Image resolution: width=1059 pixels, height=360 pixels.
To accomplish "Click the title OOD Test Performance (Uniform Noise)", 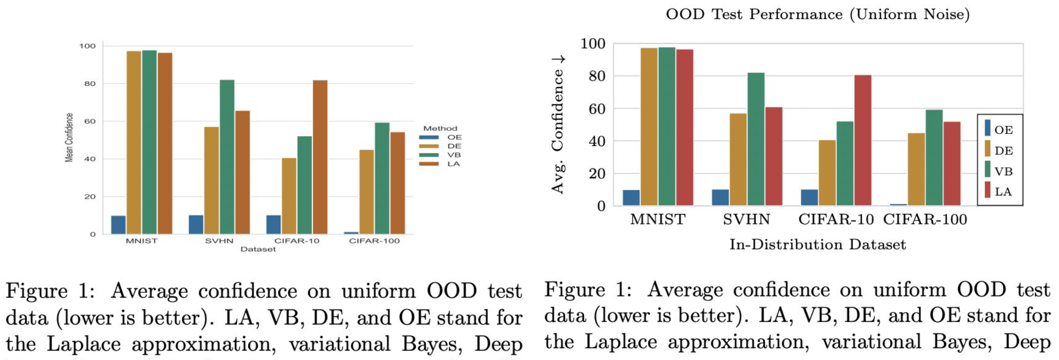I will coord(818,15).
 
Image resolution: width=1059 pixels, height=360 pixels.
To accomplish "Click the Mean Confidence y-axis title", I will coord(69,138).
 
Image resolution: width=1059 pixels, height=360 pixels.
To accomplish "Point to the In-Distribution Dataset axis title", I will coord(818,245).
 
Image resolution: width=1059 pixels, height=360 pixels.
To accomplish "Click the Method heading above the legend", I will coord(440,129).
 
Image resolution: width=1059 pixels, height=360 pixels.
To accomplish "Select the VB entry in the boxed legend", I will coord(1003,172).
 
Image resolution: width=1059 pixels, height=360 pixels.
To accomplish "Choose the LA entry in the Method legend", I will coord(453,164).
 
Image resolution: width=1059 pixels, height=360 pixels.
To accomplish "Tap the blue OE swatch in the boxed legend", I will coord(987,128).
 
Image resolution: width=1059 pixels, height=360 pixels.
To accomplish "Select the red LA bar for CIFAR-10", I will coord(863,140).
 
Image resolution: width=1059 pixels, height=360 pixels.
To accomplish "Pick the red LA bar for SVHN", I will coord(774,156).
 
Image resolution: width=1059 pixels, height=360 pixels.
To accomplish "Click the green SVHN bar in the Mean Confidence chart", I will coord(227,157).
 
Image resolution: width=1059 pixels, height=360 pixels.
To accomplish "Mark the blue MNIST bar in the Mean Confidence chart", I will coord(118,225).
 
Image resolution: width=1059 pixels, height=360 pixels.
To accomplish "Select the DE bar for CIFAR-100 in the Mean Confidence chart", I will coord(367,192).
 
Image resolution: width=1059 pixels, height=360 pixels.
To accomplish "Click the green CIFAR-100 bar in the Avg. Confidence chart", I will coord(934,158).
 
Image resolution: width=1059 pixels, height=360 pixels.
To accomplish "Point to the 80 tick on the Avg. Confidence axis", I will coord(593,76).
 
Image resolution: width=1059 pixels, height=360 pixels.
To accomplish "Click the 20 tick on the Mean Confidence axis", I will coord(90,197).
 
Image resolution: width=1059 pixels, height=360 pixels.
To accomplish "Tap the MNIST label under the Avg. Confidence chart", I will coord(658,219).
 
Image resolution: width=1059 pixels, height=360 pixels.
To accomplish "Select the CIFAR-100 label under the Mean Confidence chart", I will coord(374,241).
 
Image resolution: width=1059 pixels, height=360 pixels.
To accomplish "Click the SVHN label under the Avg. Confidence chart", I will coord(746,219).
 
